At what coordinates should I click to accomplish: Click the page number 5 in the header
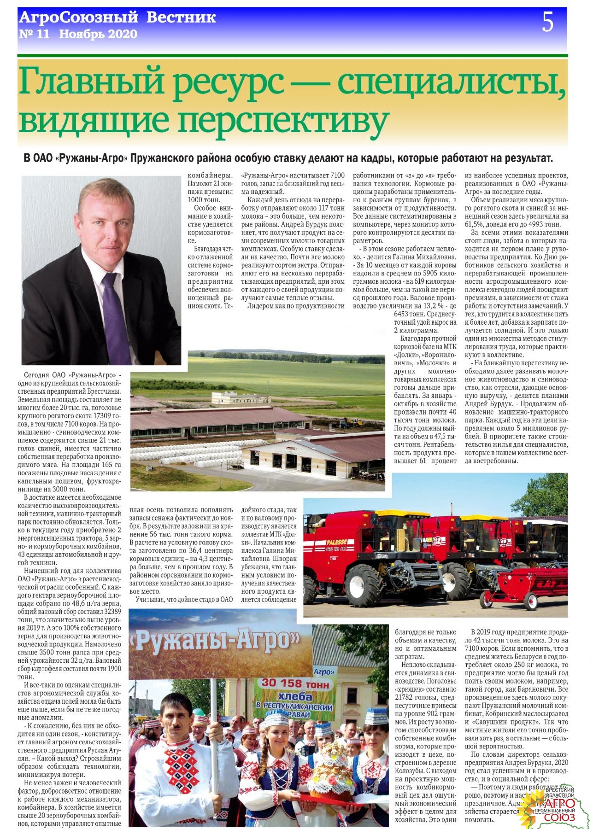[x=547, y=22]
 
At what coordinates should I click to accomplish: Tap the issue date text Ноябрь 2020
[x=98, y=34]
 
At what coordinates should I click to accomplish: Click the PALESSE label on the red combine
[x=336, y=542]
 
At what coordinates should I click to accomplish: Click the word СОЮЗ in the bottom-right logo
[x=559, y=817]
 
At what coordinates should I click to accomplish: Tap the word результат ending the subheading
[x=527, y=158]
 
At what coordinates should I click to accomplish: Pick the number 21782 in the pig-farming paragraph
[x=406, y=697]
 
